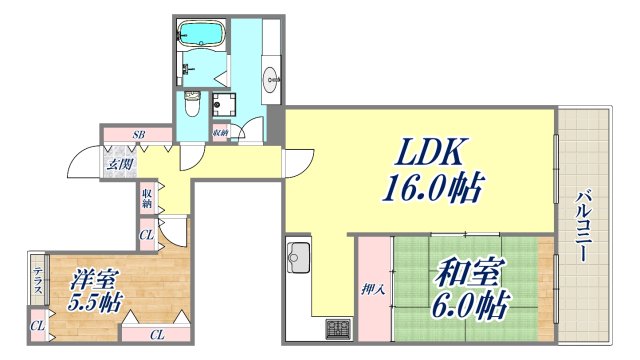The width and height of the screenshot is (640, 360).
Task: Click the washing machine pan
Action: pos(221,103)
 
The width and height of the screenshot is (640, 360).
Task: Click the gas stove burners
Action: pos(335,326)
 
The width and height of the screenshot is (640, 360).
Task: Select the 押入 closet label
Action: pos(368,289)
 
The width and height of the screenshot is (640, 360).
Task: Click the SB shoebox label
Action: pos(139,133)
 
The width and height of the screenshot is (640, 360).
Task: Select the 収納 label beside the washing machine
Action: pos(220,131)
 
